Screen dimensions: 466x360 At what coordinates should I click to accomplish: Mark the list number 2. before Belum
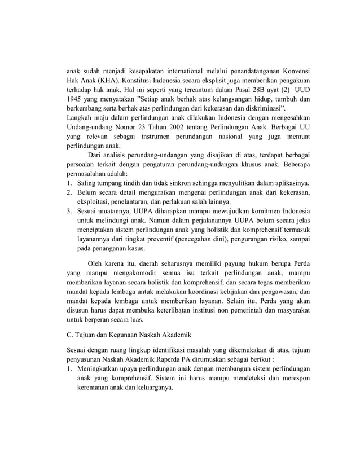point(70,194)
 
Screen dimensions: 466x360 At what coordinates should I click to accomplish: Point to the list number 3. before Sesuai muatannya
point(70,212)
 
